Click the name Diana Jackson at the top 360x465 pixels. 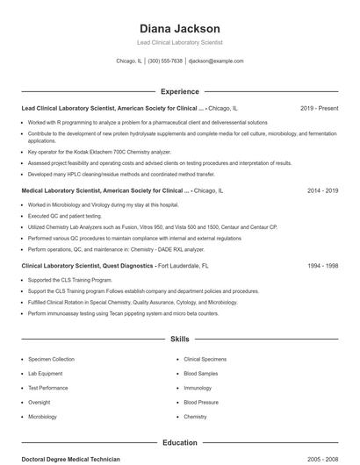click(x=179, y=28)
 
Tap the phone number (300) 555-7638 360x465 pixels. click(x=165, y=61)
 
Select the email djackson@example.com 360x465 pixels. click(x=216, y=61)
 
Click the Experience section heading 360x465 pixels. click(x=179, y=91)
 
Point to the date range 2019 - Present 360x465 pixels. click(x=319, y=108)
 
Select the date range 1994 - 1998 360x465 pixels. click(x=322, y=265)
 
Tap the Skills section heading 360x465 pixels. click(x=179, y=338)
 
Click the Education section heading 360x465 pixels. click(x=179, y=443)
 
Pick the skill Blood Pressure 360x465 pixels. click(x=201, y=402)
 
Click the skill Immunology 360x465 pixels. click(x=198, y=388)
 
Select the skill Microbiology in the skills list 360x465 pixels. click(x=43, y=417)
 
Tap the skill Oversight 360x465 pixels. click(x=40, y=402)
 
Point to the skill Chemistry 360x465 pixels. click(x=195, y=417)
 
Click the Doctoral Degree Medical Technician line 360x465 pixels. click(x=70, y=460)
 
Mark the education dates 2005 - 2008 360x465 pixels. click(x=322, y=460)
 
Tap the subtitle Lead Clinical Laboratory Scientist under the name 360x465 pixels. click(x=179, y=42)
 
